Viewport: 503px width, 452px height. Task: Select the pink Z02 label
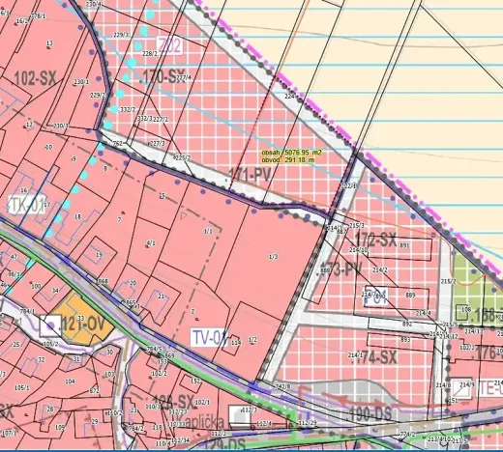point(170,44)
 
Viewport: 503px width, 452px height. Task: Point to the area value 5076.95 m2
point(292,153)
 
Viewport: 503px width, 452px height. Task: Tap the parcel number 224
point(288,97)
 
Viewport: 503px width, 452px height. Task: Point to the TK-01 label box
point(27,205)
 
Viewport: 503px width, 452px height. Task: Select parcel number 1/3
point(273,257)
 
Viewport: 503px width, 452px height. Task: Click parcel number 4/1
point(150,243)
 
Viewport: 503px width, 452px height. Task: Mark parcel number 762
point(117,144)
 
